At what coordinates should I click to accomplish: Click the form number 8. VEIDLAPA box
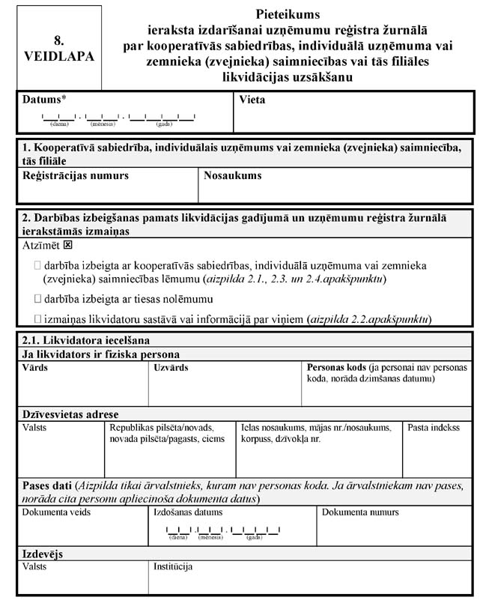tap(59, 48)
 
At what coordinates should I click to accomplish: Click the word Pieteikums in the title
tap(287, 14)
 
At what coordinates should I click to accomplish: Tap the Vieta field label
tap(252, 99)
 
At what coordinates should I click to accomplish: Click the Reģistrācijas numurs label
tap(76, 175)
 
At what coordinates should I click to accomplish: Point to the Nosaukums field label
tap(232, 175)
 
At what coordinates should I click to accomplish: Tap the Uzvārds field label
tap(171, 368)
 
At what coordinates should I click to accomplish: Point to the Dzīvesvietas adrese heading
tap(70, 414)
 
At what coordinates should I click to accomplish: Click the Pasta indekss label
tap(434, 428)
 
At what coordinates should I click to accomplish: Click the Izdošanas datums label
tap(188, 512)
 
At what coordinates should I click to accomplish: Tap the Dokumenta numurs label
tap(361, 512)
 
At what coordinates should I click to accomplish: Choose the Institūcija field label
tap(174, 567)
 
